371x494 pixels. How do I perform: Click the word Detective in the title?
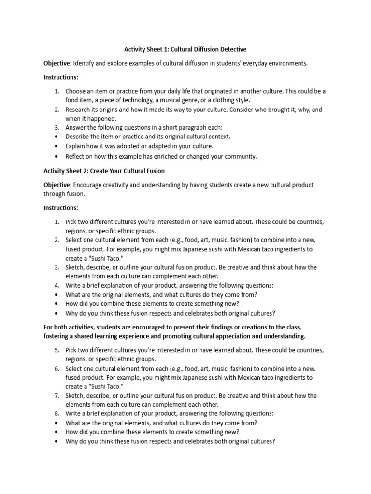pyautogui.click(x=230, y=49)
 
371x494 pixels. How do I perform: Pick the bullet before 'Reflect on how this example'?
pyautogui.click(x=57, y=156)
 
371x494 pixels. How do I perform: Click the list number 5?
pyautogui.click(x=57, y=349)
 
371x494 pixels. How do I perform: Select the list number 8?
pyautogui.click(x=57, y=413)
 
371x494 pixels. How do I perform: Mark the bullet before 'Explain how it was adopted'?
pyautogui.click(x=57, y=146)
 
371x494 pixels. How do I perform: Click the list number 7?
pyautogui.click(x=57, y=395)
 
